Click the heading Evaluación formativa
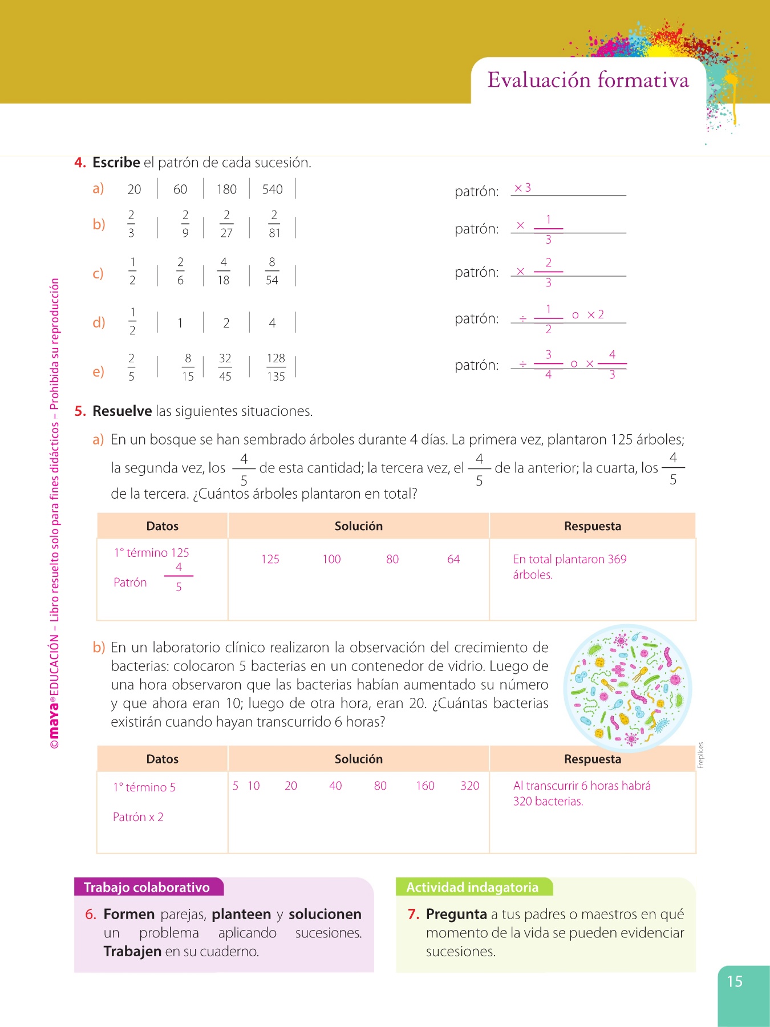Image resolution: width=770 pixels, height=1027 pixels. [588, 80]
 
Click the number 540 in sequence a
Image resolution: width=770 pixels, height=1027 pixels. [272, 189]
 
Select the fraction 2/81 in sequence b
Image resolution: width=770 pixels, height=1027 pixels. [274, 224]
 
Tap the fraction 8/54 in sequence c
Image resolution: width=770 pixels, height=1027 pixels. [272, 271]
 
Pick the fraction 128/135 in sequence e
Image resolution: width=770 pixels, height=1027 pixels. [276, 367]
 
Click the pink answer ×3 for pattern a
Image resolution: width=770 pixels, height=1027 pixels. [522, 188]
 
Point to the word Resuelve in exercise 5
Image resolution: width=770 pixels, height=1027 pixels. [122, 411]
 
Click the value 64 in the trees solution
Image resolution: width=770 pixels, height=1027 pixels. [453, 559]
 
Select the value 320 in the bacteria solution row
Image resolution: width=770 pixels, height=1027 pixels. [470, 786]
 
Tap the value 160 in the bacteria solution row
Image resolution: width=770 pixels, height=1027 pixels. [425, 786]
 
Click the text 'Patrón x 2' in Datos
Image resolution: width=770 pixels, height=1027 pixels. [138, 817]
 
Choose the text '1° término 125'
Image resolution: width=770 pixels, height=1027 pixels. [151, 553]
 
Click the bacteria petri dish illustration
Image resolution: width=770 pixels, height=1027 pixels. [627, 688]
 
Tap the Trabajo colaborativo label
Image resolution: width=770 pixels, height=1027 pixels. [147, 887]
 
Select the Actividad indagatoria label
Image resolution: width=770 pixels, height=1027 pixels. [472, 887]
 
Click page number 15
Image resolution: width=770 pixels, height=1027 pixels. [735, 982]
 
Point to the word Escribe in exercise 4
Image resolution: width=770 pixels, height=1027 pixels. [116, 163]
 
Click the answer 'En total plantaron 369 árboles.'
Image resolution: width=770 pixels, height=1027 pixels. [569, 567]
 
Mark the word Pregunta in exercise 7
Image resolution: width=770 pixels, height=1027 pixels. [456, 915]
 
